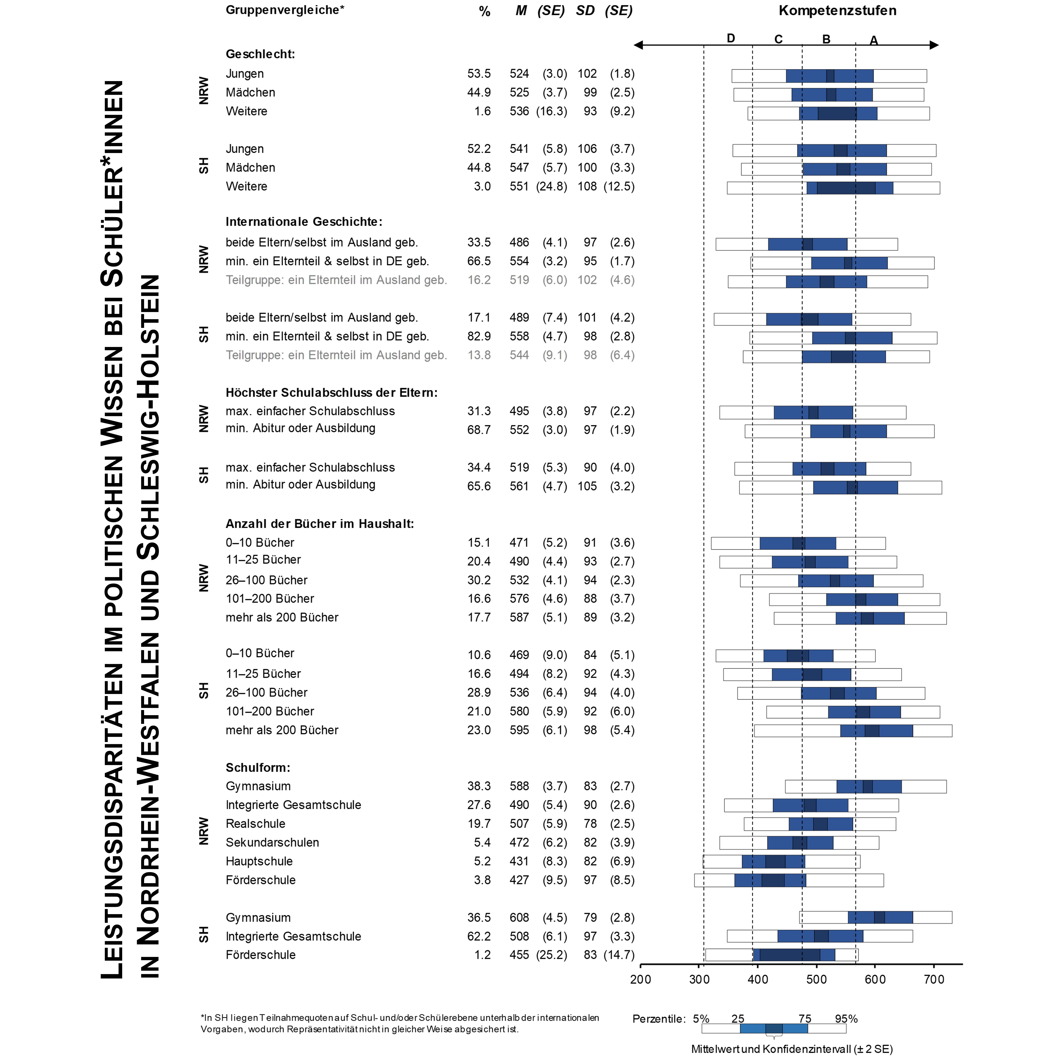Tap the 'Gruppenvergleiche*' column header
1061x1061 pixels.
[x=284, y=10]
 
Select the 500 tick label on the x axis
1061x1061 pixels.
[x=817, y=979]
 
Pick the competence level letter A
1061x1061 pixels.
[x=874, y=40]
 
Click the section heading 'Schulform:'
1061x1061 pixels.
[x=258, y=767]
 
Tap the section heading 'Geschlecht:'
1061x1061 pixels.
[x=260, y=54]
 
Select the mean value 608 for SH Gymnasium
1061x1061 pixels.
[x=519, y=917]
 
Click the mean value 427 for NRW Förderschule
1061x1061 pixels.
[x=519, y=880]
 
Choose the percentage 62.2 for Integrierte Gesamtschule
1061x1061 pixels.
[x=479, y=936]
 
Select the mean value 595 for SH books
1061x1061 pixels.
[x=519, y=730]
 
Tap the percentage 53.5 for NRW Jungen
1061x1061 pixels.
[x=479, y=74]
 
